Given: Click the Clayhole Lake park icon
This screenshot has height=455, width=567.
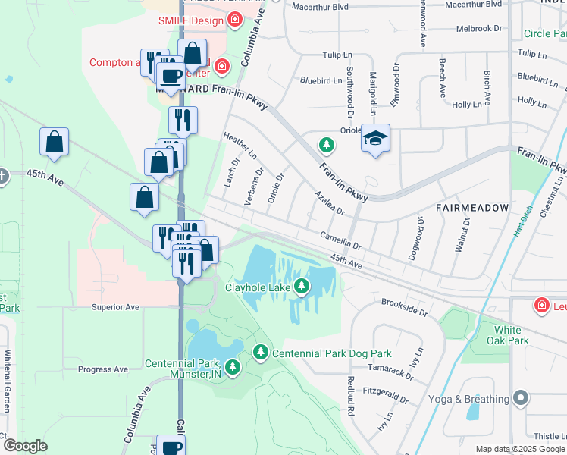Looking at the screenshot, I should pyautogui.click(x=302, y=286).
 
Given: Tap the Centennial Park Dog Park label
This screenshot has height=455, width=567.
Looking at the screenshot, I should pyautogui.click(x=332, y=353).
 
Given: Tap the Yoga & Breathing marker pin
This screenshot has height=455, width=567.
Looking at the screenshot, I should pyautogui.click(x=520, y=398).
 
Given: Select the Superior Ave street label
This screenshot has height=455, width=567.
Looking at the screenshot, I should pyautogui.click(x=115, y=307).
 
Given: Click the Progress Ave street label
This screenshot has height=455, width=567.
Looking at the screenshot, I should pyautogui.click(x=103, y=369).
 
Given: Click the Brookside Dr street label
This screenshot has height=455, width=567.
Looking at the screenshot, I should pyautogui.click(x=405, y=306).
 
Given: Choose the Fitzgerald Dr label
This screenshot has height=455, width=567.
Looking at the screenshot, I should pyautogui.click(x=387, y=395).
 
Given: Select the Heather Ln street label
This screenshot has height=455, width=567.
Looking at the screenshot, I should pyautogui.click(x=239, y=145).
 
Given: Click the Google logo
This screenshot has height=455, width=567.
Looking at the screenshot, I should pyautogui.click(x=26, y=446).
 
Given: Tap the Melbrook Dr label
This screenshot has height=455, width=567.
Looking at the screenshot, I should pyautogui.click(x=479, y=29).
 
